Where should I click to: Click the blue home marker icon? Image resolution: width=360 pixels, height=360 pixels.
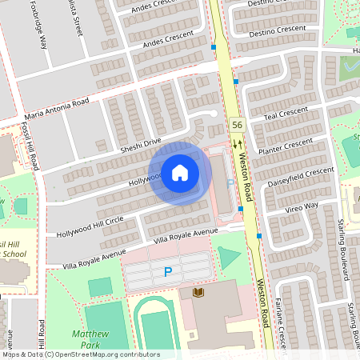[x=180, y=172]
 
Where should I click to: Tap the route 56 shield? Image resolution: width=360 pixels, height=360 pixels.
[x=237, y=125]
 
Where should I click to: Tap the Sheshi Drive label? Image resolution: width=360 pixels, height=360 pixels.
[x=140, y=144]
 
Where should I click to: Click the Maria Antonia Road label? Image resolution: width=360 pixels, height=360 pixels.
[x=56, y=107]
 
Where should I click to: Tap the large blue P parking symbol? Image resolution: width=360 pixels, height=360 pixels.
[x=167, y=272]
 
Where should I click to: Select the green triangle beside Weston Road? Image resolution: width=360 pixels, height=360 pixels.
[x=229, y=258]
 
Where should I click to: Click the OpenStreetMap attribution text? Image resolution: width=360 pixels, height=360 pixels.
[x=80, y=354]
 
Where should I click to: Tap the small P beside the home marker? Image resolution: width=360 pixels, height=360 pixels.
[x=230, y=184]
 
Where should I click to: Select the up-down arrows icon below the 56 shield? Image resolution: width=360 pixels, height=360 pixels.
[x=237, y=143]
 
